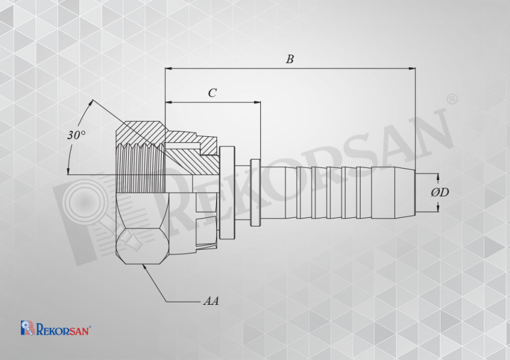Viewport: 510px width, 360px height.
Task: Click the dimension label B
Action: [x=290, y=59]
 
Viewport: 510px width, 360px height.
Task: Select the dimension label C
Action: [x=212, y=93]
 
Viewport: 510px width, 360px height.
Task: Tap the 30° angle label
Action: [x=76, y=134]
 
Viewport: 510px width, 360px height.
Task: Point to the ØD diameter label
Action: [x=440, y=193]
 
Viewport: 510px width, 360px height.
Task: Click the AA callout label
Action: [x=211, y=301]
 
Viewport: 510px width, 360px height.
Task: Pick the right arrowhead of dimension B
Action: [x=412, y=68]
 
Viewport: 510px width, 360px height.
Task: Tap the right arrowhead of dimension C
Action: [x=257, y=103]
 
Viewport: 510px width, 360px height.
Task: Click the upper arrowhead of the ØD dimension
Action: [x=438, y=177]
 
